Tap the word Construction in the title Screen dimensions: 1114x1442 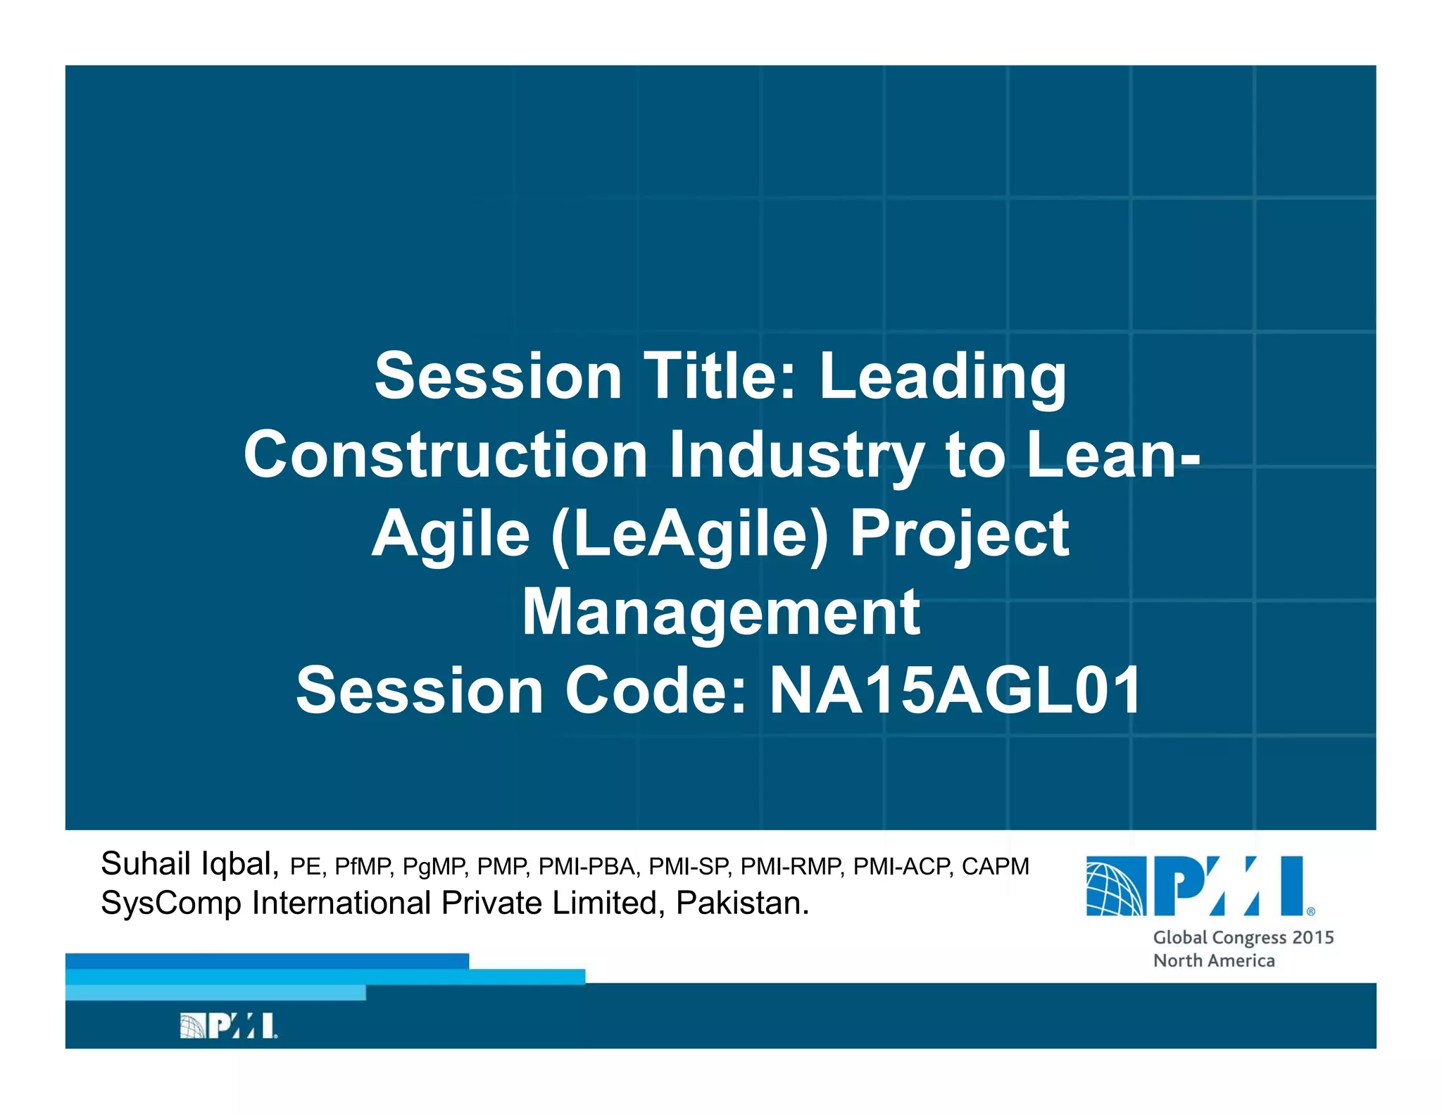[x=445, y=456]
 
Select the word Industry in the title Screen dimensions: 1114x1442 [x=796, y=456]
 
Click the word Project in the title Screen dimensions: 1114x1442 [x=959, y=534]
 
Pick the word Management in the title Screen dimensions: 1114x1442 [x=720, y=613]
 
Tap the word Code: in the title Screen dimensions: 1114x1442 [x=655, y=691]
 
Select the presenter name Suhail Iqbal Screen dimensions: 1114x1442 [x=189, y=864]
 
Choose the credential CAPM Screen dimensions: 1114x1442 [x=995, y=867]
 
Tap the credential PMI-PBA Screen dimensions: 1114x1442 [x=588, y=867]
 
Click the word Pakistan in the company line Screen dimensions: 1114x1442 [x=741, y=903]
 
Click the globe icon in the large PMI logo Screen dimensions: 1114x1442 [x=1115, y=887]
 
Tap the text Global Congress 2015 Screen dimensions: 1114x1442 [x=1243, y=938]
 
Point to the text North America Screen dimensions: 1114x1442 [x=1213, y=961]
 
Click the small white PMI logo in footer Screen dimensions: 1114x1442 [x=228, y=1026]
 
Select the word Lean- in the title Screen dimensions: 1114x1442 [x=1112, y=456]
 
